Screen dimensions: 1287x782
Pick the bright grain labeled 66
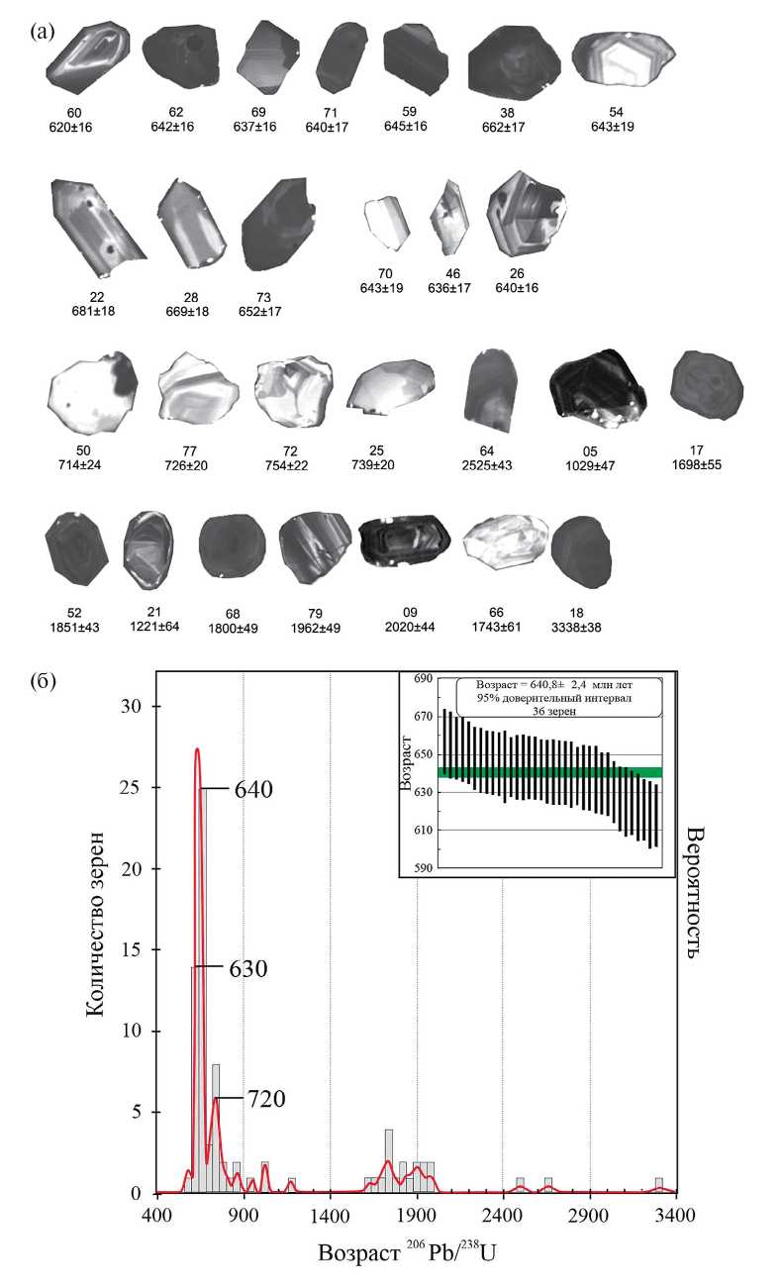(x=505, y=544)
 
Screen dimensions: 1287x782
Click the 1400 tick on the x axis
(x=330, y=1214)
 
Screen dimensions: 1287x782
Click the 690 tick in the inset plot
(x=424, y=679)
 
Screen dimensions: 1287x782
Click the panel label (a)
(x=41, y=30)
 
